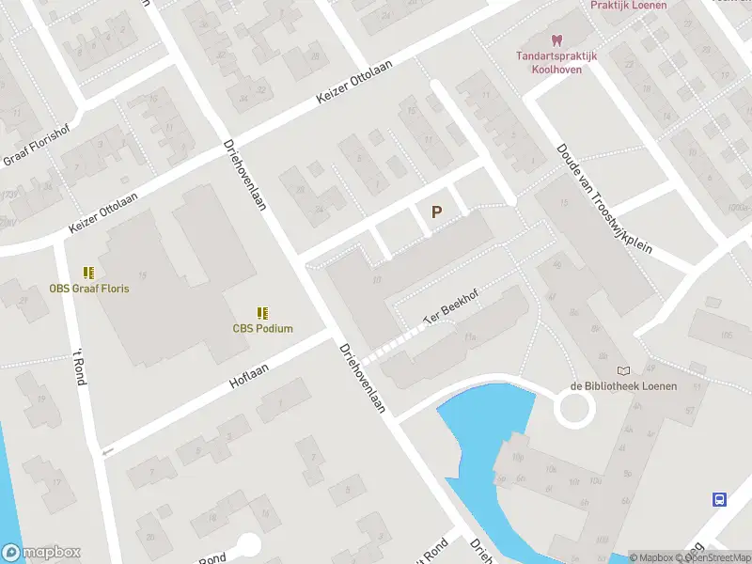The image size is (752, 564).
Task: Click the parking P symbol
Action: pyautogui.click(x=436, y=212)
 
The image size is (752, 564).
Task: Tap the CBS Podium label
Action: pyautogui.click(x=263, y=329)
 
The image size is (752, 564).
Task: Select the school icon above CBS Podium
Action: pyautogui.click(x=263, y=313)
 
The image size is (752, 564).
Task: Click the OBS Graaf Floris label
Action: pyautogui.click(x=89, y=289)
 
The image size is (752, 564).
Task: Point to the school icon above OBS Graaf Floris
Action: pyautogui.click(x=89, y=273)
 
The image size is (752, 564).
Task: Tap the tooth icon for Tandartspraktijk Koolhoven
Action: pyautogui.click(x=556, y=40)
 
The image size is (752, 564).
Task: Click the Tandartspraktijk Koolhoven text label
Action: pyautogui.click(x=556, y=62)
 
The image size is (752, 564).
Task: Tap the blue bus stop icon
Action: pyautogui.click(x=720, y=499)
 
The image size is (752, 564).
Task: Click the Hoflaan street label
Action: pyautogui.click(x=249, y=377)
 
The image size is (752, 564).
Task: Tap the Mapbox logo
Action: pyautogui.click(x=40, y=553)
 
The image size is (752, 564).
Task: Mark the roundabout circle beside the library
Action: pyautogui.click(x=574, y=409)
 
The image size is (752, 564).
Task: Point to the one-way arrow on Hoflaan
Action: pyautogui.click(x=108, y=452)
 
